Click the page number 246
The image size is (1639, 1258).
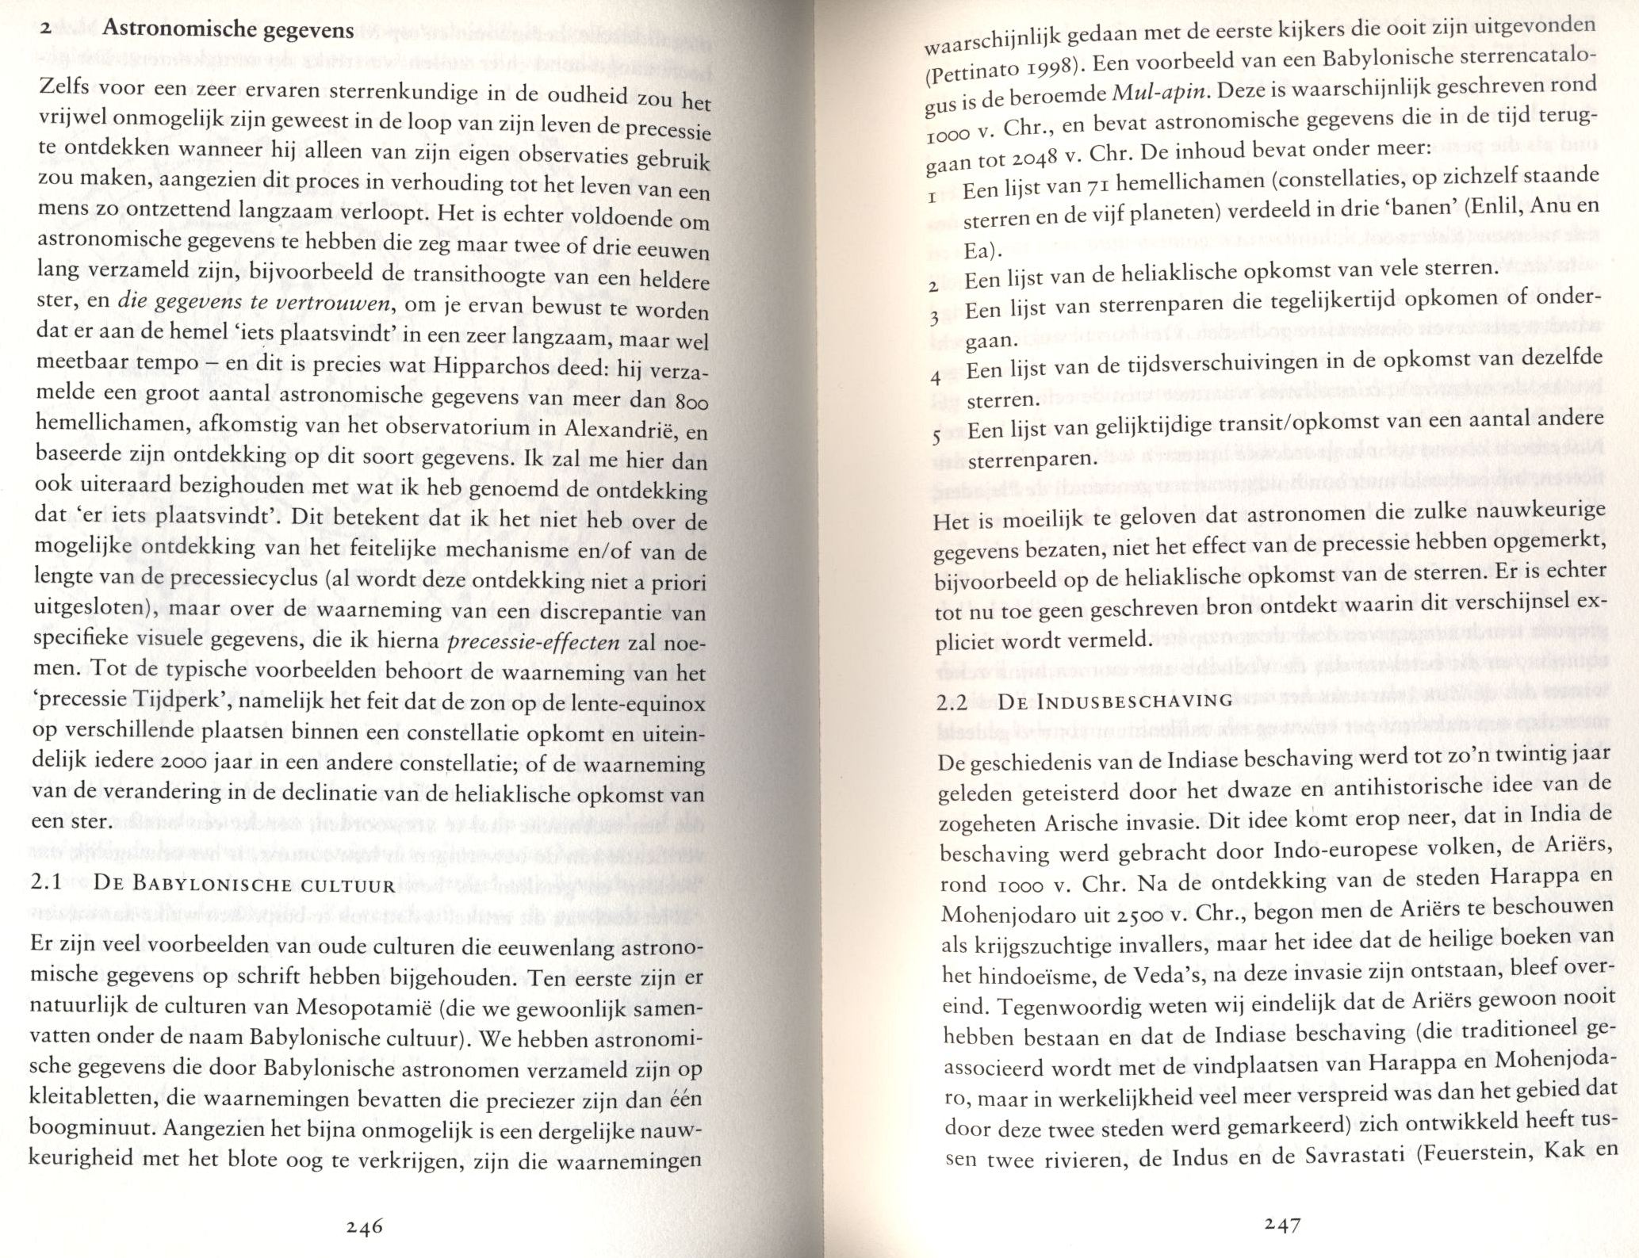(x=365, y=1226)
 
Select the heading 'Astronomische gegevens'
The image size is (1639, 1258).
(x=228, y=30)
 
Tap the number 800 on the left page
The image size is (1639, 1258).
(x=691, y=404)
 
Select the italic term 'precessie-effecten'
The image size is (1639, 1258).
(x=534, y=642)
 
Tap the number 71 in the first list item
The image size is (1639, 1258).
(x=1093, y=186)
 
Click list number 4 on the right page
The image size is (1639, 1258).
(x=936, y=379)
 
